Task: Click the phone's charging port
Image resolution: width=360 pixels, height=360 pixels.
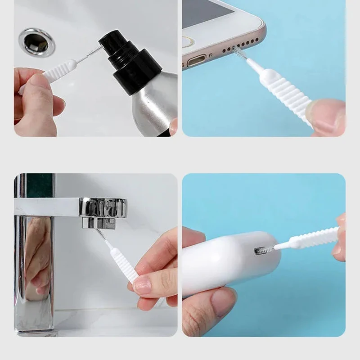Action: point(196,59)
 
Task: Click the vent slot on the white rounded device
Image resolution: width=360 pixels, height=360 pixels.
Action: point(262,250)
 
